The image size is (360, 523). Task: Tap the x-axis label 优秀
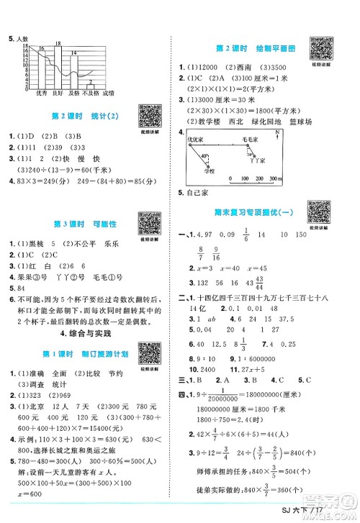[x=40, y=93]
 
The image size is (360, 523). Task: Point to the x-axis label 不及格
[x=90, y=93]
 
